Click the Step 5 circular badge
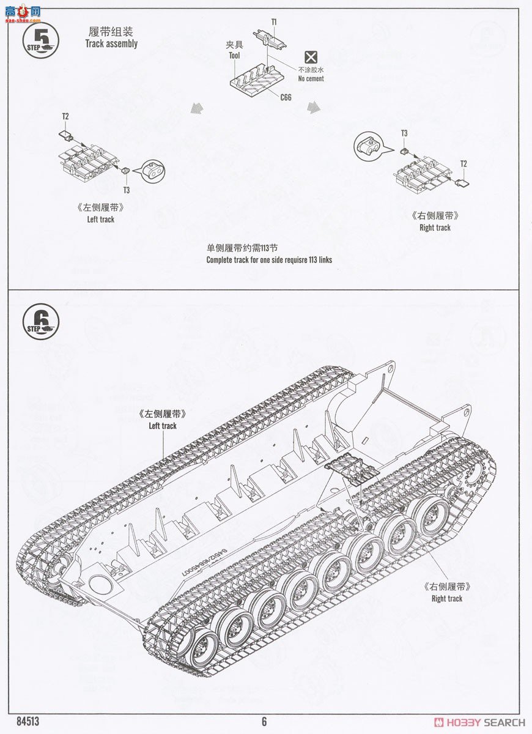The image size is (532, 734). (41, 41)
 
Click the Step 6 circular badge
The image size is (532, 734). (41, 322)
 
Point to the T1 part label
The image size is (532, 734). (274, 22)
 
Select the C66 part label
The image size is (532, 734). (286, 97)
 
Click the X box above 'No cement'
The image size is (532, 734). (311, 57)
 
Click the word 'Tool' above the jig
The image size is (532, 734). (234, 56)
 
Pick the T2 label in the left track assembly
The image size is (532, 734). (65, 116)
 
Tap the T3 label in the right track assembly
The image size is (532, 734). (404, 133)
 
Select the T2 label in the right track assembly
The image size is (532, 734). (464, 164)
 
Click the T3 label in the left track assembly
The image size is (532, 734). (127, 190)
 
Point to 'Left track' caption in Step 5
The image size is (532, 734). (100, 219)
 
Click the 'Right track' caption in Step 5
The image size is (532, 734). (435, 228)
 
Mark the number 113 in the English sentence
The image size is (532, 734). (311, 260)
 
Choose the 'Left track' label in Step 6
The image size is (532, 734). (162, 426)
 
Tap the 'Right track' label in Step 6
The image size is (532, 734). (446, 599)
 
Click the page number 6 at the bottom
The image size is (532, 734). (264, 722)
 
